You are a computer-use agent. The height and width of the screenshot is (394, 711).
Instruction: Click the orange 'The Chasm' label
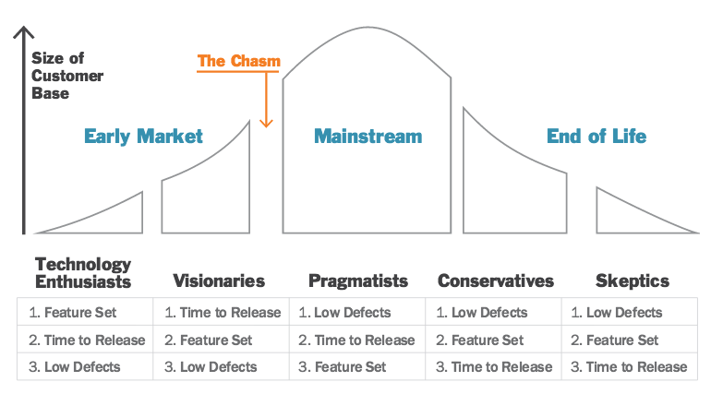click(x=239, y=61)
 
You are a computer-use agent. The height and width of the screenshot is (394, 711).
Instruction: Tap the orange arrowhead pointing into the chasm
click(x=266, y=123)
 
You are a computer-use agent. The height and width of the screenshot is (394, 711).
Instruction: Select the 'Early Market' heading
click(x=143, y=137)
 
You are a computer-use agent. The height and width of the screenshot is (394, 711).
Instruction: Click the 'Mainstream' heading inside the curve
click(x=368, y=137)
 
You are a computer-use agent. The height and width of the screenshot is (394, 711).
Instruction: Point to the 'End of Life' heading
click(x=597, y=136)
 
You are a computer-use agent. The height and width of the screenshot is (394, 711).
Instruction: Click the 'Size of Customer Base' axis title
click(x=67, y=76)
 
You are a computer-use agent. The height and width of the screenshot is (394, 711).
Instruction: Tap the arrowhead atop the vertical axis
click(x=24, y=32)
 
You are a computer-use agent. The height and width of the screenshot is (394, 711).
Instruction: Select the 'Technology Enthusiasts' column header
click(x=83, y=272)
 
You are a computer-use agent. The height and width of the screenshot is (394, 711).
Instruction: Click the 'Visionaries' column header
click(x=219, y=281)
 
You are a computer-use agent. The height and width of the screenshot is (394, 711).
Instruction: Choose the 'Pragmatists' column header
click(x=358, y=281)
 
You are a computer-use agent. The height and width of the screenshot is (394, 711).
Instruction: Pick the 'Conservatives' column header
click(x=496, y=281)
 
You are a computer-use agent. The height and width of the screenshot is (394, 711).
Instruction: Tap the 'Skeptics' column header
click(x=633, y=281)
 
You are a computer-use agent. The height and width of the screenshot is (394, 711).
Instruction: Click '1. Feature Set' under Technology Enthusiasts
click(x=73, y=313)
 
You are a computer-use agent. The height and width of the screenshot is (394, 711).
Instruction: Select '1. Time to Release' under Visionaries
click(x=223, y=313)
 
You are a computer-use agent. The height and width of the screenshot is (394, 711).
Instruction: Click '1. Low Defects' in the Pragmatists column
click(x=344, y=313)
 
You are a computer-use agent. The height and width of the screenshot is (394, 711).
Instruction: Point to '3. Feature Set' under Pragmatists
click(x=343, y=367)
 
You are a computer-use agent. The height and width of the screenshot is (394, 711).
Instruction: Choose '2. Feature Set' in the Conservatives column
click(x=480, y=340)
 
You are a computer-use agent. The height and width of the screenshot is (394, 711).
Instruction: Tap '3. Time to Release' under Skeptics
click(x=629, y=367)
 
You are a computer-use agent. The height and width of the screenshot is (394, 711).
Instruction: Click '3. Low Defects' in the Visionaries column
click(x=211, y=367)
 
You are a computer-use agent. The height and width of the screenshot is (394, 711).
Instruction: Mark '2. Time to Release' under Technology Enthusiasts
click(x=87, y=340)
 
